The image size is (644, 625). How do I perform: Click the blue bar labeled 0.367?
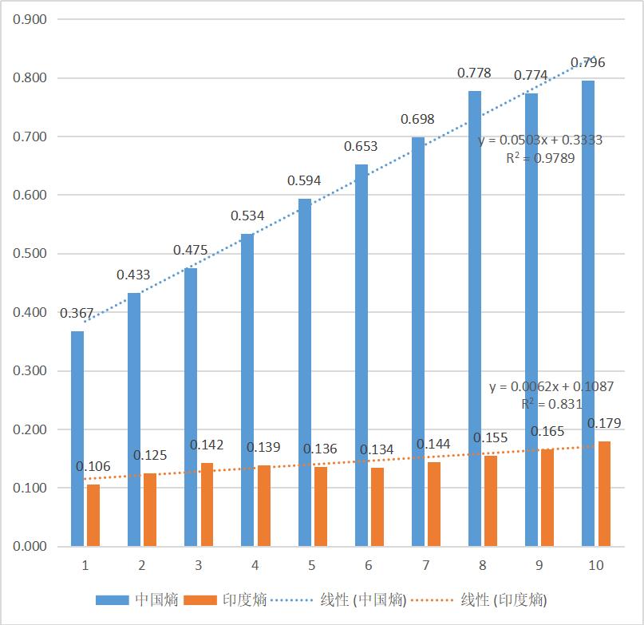tap(77, 439)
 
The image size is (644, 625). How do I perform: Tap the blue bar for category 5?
tap(304, 373)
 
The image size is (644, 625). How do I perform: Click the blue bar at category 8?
tap(475, 318)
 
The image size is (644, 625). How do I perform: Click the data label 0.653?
tap(361, 147)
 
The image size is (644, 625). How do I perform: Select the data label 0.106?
tap(93, 466)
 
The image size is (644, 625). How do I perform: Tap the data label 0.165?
tap(547, 432)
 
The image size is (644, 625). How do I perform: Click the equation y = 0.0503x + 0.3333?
tap(540, 140)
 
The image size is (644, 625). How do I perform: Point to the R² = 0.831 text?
tap(551, 404)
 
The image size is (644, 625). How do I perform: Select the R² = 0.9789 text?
tap(540, 158)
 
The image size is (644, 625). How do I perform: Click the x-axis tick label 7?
tap(425, 565)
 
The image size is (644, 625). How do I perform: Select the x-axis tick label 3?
tap(199, 565)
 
